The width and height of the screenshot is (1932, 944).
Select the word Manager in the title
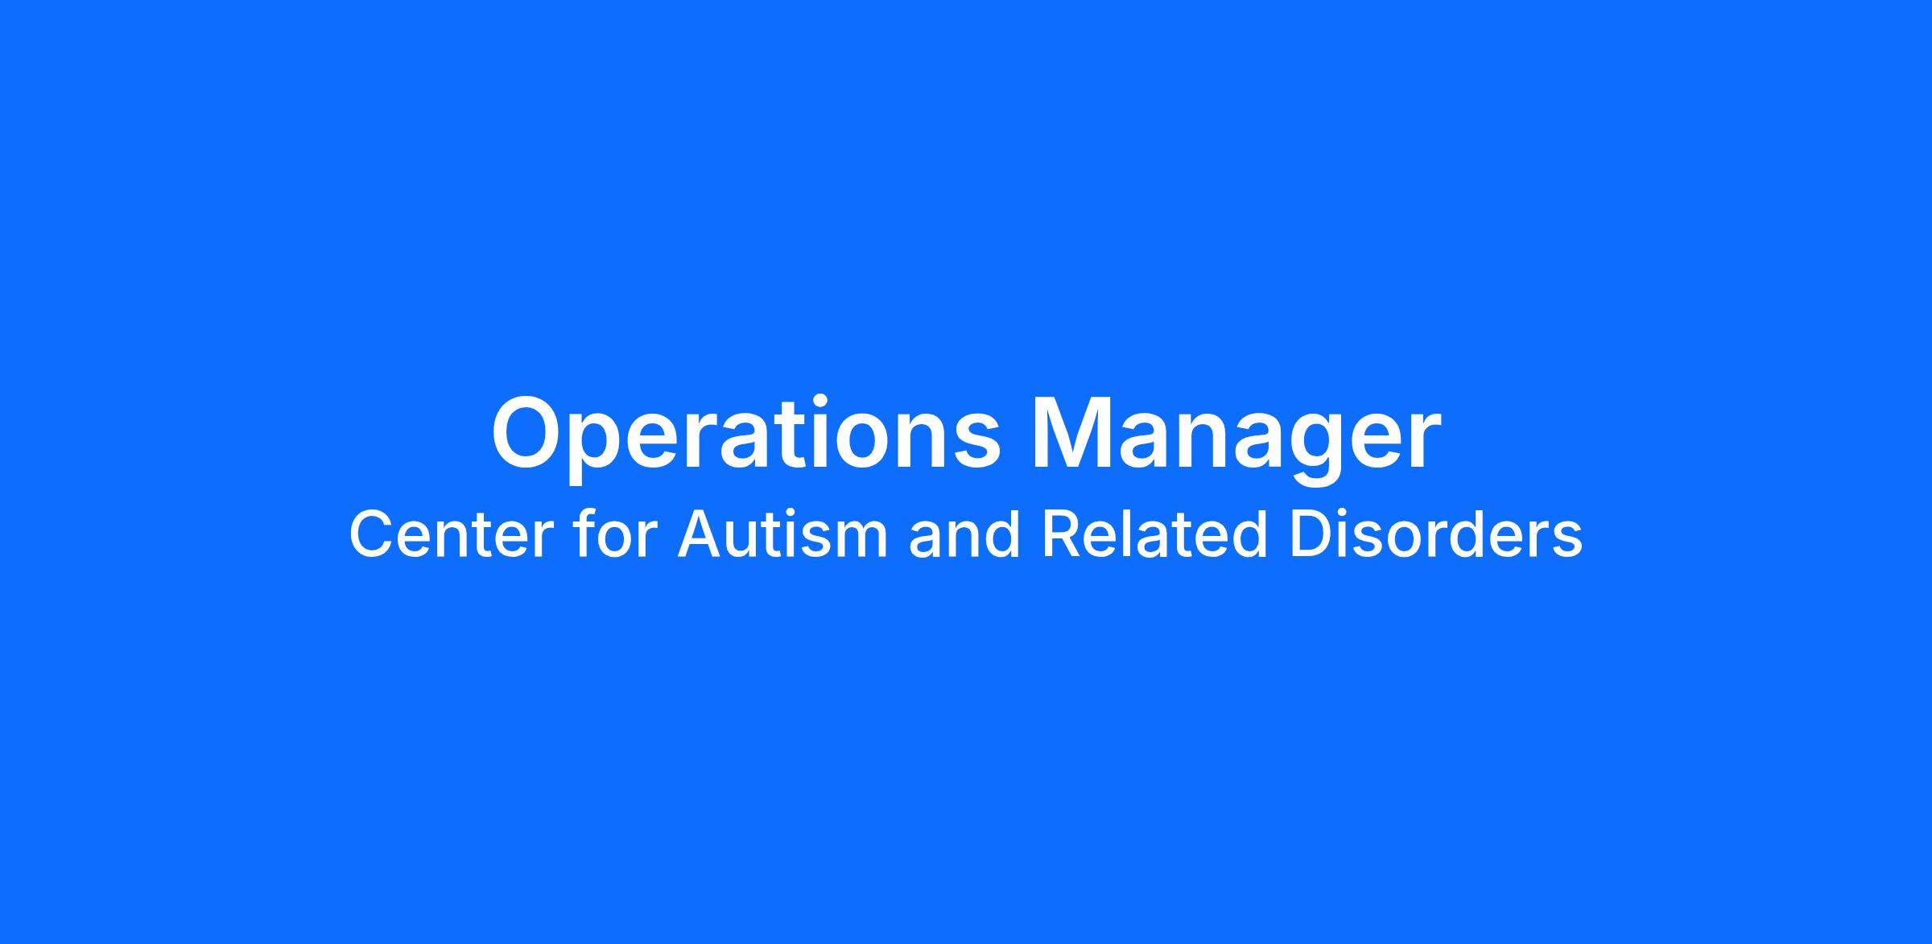[1236, 435]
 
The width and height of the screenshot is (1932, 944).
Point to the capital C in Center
[371, 535]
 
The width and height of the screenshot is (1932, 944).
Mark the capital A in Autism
[701, 535]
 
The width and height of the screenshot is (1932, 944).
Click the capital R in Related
[1063, 535]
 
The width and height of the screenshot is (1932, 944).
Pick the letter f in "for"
[584, 534]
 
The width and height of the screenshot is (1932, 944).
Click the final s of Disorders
[1567, 542]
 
